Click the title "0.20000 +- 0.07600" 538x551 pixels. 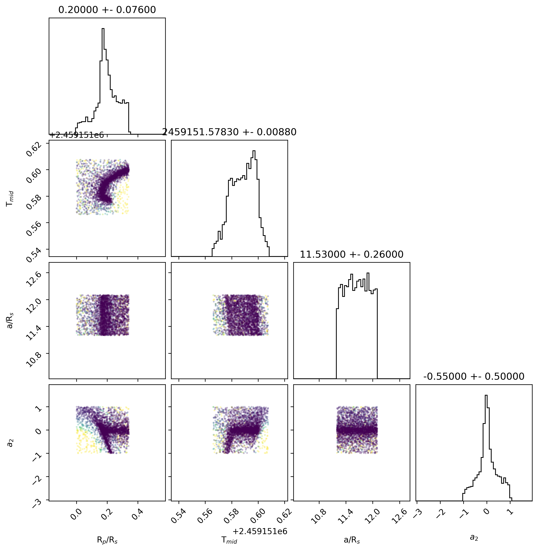tap(107, 10)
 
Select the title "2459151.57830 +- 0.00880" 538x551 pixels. tap(229, 132)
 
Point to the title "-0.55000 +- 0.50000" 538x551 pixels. tap(474, 376)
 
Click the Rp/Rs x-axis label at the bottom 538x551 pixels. tap(107, 540)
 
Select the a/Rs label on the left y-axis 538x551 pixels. tap(10, 320)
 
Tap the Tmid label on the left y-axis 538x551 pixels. tap(10, 198)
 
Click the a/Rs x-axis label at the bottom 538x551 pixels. tap(352, 540)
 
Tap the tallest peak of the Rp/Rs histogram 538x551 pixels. tap(103, 29)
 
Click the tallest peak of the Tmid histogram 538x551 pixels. tap(254, 151)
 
